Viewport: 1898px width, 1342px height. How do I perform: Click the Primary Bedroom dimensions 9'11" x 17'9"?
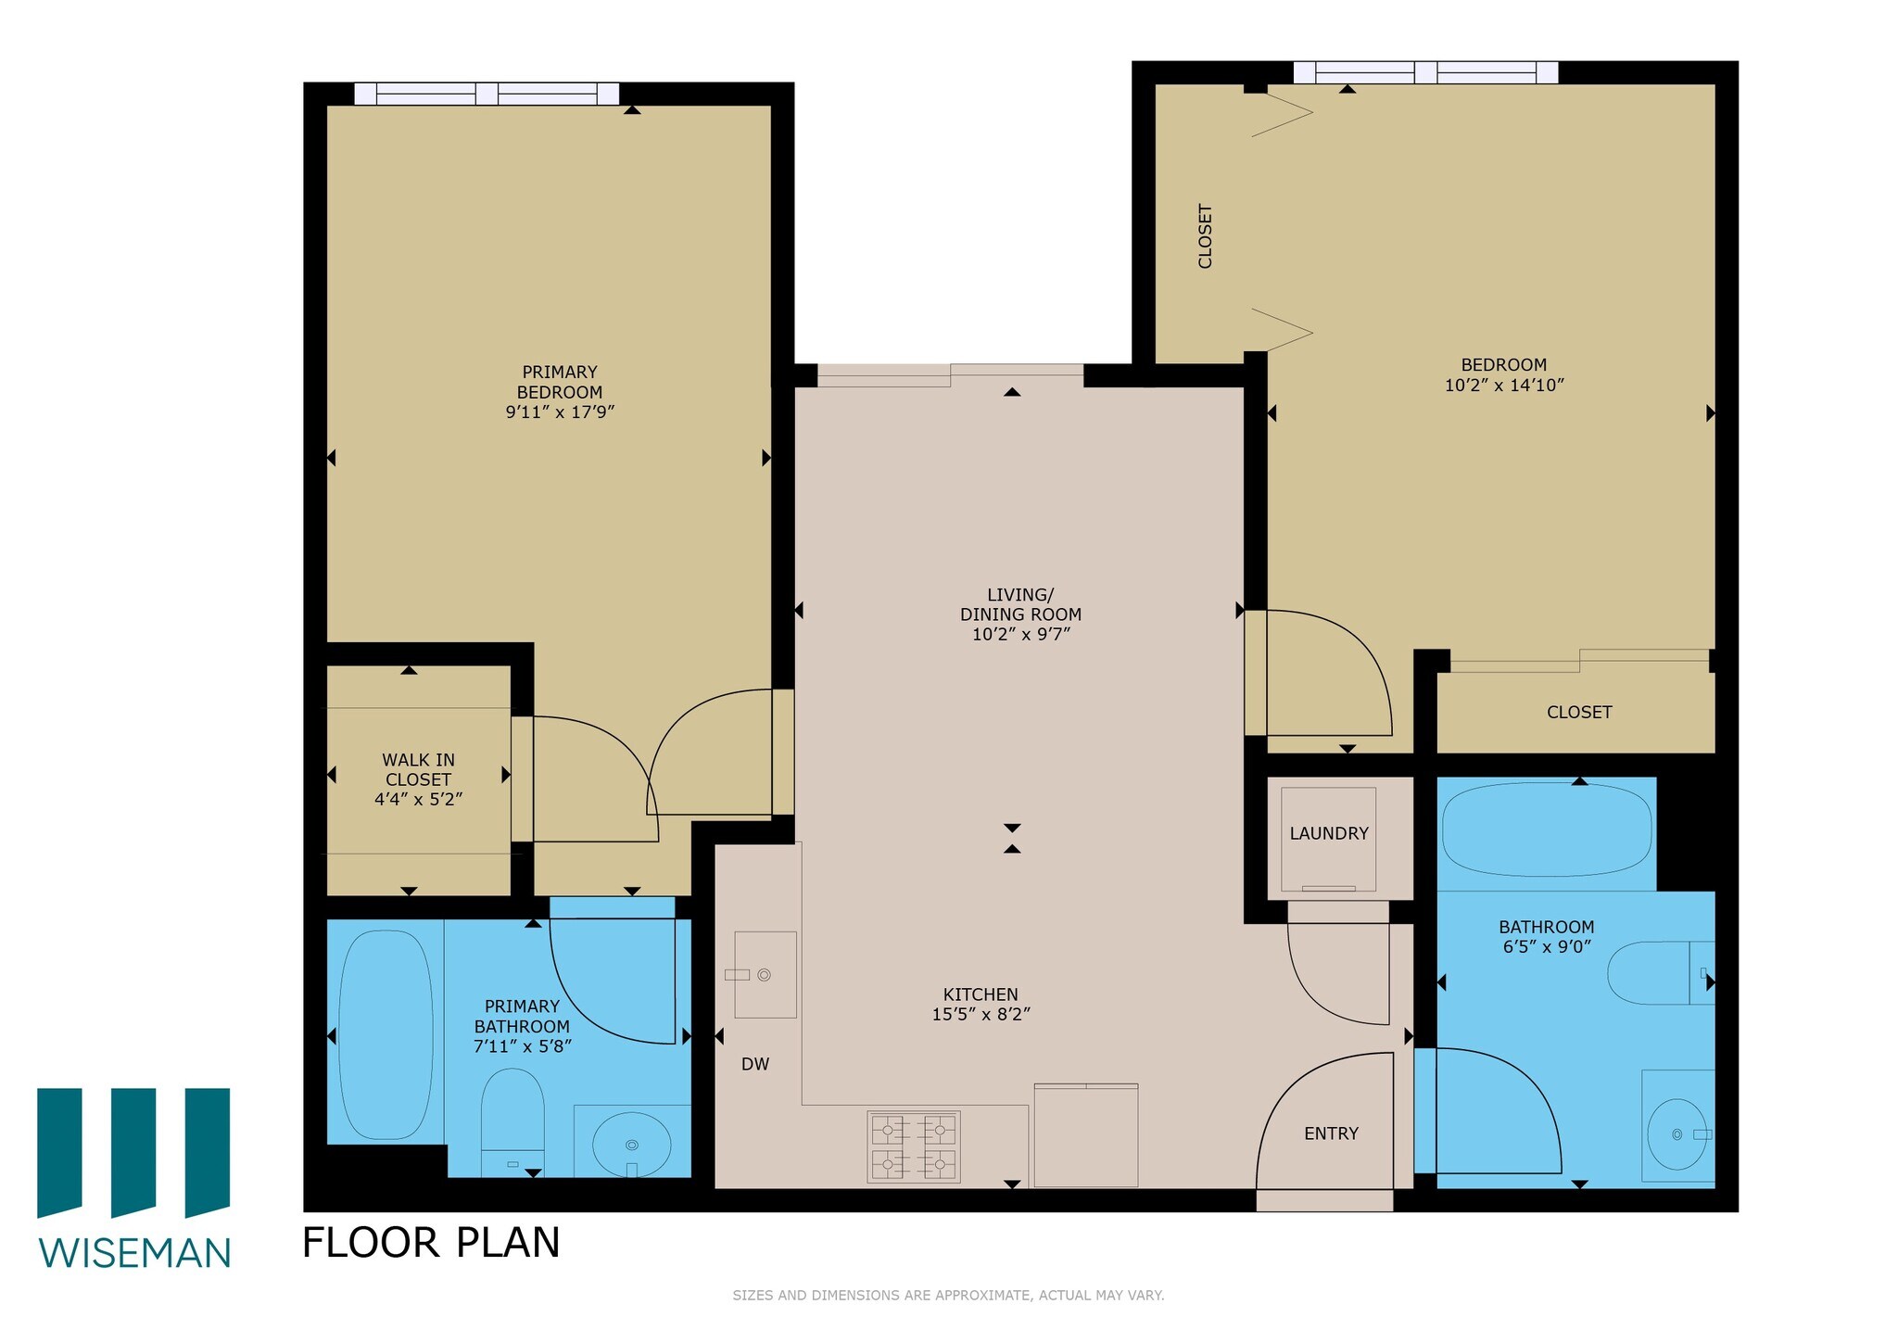(560, 412)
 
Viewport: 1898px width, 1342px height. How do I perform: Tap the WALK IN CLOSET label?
(418, 769)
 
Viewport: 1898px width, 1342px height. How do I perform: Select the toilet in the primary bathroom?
(512, 1120)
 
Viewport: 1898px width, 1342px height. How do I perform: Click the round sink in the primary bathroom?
(631, 1143)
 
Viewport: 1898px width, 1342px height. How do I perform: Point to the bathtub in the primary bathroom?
(386, 1034)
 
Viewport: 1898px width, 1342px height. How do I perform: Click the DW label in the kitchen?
(754, 1064)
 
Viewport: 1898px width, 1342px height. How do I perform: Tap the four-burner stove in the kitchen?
(913, 1146)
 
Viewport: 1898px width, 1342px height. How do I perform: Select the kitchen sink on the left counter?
(765, 974)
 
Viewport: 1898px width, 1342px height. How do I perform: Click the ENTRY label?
(1330, 1133)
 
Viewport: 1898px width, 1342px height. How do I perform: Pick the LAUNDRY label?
(1328, 833)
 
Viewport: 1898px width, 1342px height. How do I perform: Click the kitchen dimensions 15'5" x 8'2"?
(981, 1015)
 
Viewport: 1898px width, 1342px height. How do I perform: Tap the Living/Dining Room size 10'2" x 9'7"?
(1020, 635)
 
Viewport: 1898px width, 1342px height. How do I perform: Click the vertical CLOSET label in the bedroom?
(1205, 236)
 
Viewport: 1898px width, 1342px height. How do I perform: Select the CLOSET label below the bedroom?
(1578, 712)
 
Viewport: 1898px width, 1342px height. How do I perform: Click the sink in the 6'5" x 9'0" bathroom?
(1677, 1133)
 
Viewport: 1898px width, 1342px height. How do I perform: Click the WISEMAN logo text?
(134, 1253)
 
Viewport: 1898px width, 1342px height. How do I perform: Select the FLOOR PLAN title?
(431, 1243)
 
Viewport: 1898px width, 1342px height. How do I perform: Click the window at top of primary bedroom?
(487, 94)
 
